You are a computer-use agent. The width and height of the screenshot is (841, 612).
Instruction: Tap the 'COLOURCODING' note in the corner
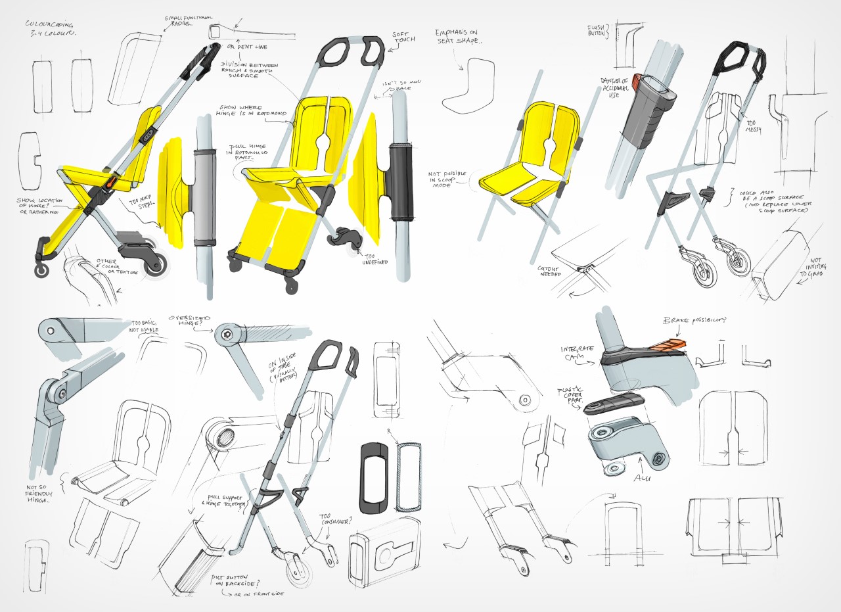[x=49, y=28]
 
